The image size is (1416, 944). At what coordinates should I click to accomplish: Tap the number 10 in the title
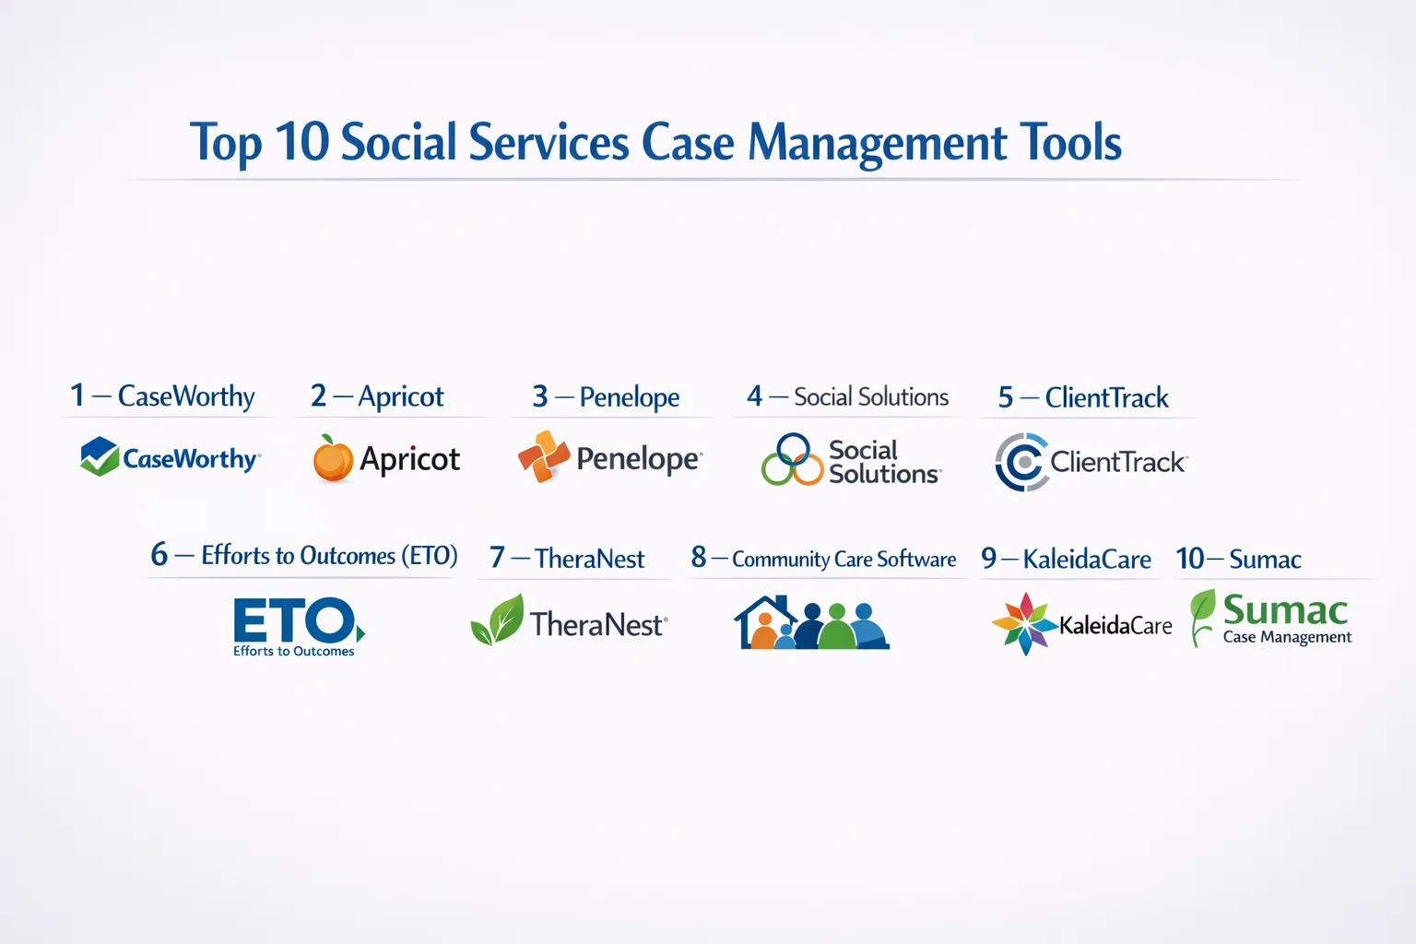[x=302, y=141]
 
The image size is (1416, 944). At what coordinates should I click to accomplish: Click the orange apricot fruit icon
[x=333, y=458]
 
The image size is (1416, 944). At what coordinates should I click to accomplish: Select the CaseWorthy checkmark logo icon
[x=100, y=456]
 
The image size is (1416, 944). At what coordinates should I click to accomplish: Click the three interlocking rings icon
[x=792, y=460]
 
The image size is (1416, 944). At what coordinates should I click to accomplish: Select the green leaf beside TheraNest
[x=498, y=619]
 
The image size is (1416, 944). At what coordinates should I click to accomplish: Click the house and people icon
[x=811, y=623]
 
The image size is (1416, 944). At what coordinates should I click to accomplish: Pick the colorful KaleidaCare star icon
[x=1025, y=624]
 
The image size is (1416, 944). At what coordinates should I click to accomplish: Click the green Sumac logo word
[x=1285, y=610]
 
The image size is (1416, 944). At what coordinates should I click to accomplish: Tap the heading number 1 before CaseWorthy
[x=77, y=395]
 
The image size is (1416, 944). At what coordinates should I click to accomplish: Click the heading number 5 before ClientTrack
[x=1006, y=398]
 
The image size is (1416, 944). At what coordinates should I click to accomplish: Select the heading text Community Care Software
[x=844, y=560]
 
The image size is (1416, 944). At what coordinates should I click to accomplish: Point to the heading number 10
[x=1189, y=559]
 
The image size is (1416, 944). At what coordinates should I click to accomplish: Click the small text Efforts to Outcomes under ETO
[x=294, y=651]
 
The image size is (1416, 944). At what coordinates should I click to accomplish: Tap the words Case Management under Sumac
[x=1287, y=638]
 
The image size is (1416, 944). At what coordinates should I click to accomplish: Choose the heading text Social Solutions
[x=871, y=397]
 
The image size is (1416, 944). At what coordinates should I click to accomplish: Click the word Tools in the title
[x=1071, y=142]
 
